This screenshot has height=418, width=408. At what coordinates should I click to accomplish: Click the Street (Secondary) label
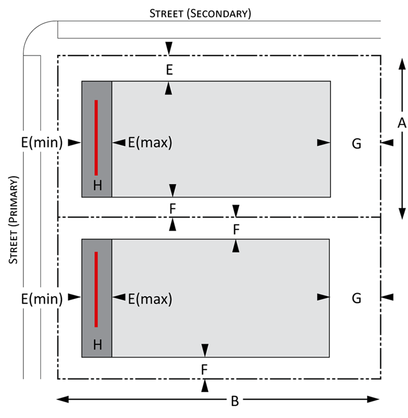(x=200, y=14)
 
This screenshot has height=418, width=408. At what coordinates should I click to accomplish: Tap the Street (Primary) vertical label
(x=13, y=220)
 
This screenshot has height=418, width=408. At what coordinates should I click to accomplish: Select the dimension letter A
(x=402, y=123)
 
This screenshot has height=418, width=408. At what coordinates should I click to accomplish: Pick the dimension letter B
(x=235, y=401)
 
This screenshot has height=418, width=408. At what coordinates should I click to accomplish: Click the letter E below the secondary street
(x=169, y=70)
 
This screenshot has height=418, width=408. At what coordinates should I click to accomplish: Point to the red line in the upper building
(x=96, y=137)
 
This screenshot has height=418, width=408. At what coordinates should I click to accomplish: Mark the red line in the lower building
(x=96, y=289)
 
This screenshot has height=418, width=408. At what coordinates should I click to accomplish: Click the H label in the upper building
(x=97, y=185)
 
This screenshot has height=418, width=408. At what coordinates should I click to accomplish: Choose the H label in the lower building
(x=97, y=345)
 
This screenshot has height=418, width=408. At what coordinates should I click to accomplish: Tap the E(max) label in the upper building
(x=150, y=142)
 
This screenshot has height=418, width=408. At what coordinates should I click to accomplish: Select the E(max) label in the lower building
(x=150, y=299)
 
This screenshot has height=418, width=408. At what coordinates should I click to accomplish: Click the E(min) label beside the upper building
(x=42, y=142)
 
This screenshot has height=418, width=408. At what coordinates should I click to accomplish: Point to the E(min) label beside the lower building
(x=42, y=299)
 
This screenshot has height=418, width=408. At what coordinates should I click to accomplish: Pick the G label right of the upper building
(x=356, y=144)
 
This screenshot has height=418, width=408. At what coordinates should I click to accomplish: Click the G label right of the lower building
(x=356, y=298)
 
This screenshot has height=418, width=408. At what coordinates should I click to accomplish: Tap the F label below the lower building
(x=204, y=370)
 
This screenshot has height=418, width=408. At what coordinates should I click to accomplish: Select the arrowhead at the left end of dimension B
(x=63, y=399)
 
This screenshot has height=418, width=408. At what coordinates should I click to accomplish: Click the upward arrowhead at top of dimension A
(x=402, y=64)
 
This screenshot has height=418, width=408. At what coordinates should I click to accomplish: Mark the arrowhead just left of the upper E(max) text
(x=119, y=143)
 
